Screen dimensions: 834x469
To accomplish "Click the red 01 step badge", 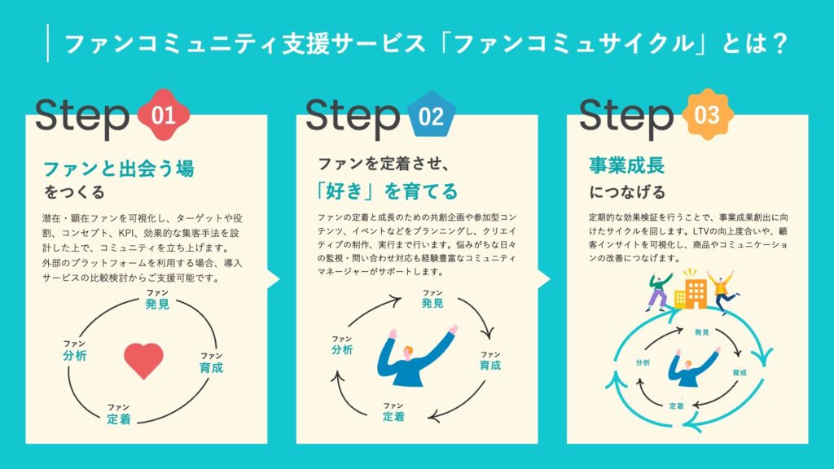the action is tap(163, 115).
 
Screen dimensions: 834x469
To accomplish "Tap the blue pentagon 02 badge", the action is tap(432, 116).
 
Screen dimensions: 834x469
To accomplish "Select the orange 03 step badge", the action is tap(707, 114).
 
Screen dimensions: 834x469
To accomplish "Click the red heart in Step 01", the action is tap(143, 360).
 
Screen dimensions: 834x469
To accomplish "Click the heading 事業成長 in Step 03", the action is tap(626, 165).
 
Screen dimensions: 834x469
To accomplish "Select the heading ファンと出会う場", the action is tap(119, 169).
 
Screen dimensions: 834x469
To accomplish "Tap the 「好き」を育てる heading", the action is tap(387, 191).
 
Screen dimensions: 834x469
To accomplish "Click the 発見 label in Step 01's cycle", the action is tap(157, 304).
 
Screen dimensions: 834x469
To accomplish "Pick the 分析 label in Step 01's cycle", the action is tap(74, 355).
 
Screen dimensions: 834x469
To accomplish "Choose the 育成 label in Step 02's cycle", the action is tap(489, 365).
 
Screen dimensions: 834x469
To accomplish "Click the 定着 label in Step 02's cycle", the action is tap(393, 416).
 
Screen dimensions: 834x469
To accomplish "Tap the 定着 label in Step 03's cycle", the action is tap(677, 405).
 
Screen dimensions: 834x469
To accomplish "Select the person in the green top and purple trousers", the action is tap(658, 291).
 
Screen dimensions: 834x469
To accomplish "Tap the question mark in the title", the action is tap(780, 44).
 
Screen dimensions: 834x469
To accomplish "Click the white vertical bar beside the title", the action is tap(48, 43).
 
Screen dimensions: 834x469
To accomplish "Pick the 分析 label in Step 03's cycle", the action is tap(643, 362).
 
